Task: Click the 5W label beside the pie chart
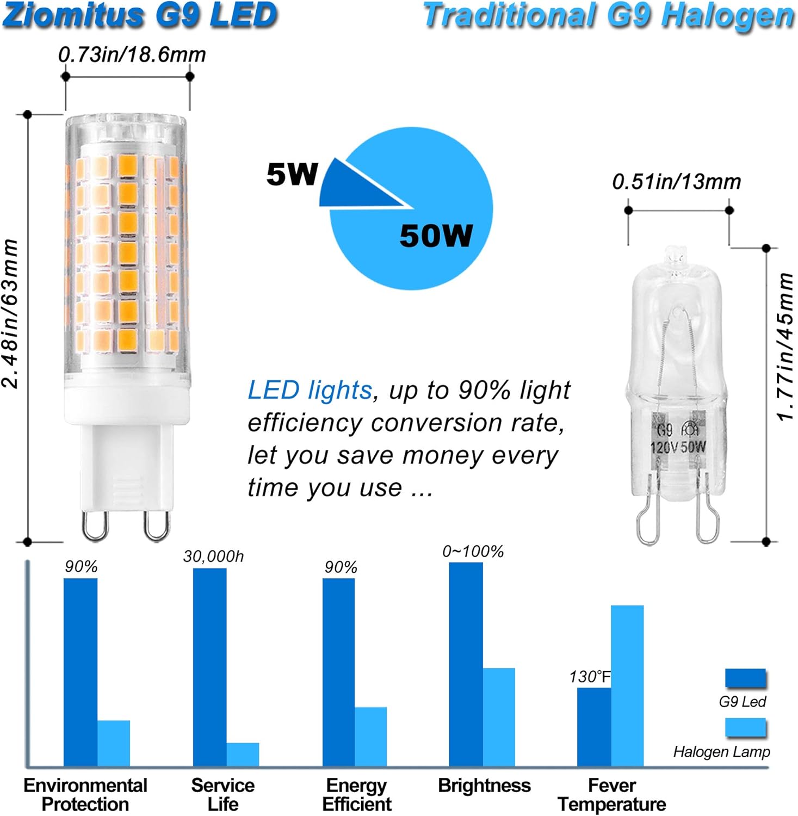click(x=292, y=174)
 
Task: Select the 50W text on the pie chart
click(x=436, y=236)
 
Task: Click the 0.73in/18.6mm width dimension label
click(x=132, y=54)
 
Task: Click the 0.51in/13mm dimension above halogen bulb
click(x=676, y=182)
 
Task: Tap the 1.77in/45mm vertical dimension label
click(x=785, y=347)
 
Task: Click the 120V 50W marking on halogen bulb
click(x=678, y=447)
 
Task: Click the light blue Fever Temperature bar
click(x=627, y=685)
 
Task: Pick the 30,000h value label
click(x=213, y=557)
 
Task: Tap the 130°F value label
click(x=590, y=677)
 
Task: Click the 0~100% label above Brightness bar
click(x=473, y=552)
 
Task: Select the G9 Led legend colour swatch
click(x=745, y=678)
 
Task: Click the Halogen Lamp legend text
click(x=721, y=752)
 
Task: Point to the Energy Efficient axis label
click(x=356, y=795)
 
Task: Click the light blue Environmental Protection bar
click(x=114, y=743)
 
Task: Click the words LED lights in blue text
click(x=310, y=390)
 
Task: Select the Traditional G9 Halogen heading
click(x=608, y=15)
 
